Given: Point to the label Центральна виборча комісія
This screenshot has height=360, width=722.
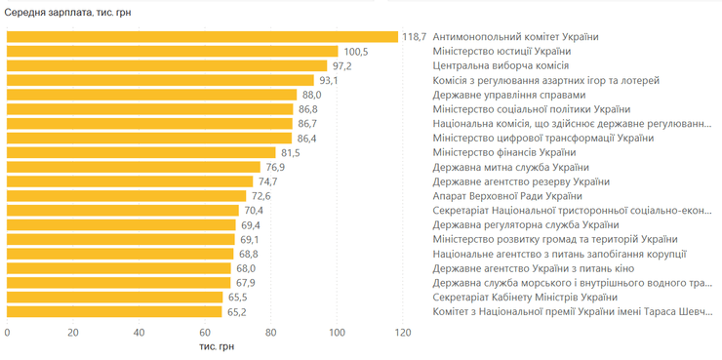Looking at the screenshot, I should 494,66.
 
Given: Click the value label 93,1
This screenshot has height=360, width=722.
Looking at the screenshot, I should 328,80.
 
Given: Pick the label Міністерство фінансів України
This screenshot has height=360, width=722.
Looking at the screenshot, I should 503,153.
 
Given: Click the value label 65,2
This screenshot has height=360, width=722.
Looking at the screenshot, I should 236,312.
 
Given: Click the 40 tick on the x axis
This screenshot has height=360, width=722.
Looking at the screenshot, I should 140,333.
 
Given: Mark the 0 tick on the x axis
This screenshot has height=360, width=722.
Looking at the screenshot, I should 8,333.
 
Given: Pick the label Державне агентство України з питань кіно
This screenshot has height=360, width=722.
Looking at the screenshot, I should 538,268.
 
